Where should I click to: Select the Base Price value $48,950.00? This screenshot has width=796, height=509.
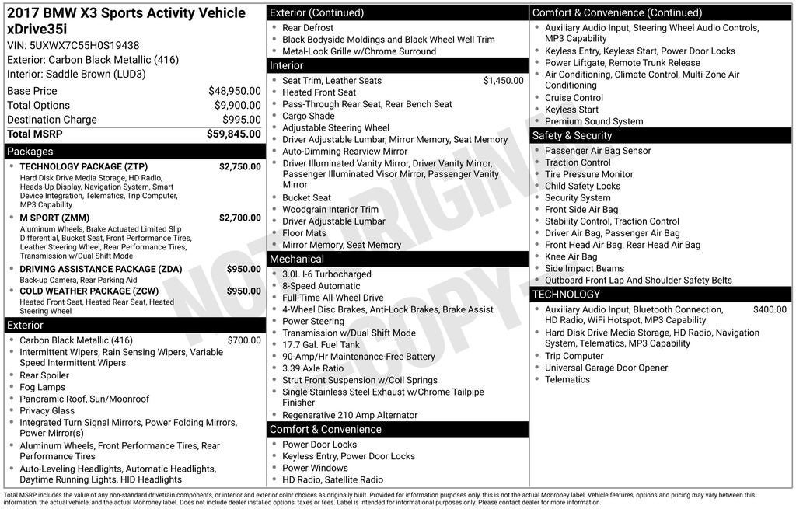pos(234,91)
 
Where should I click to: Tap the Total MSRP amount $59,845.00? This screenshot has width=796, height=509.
pos(233,134)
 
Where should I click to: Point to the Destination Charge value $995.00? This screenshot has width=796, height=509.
pos(242,120)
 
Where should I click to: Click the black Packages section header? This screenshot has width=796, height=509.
pos(134,152)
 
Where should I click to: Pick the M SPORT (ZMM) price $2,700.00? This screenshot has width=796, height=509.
pos(239,218)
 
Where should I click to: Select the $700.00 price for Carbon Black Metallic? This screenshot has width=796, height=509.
pos(244,340)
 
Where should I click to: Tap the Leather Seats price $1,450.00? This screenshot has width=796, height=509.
pos(503,81)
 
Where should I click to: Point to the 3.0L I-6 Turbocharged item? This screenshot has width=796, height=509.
pos(326,274)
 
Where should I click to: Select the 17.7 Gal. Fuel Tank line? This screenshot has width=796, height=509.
pos(321,345)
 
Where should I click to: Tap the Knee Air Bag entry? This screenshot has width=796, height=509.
pos(571,256)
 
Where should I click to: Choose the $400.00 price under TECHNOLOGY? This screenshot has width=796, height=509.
pos(770,309)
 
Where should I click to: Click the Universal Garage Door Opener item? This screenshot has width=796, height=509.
pos(606,368)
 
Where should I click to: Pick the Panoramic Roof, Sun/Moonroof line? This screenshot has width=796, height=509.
pos(84,399)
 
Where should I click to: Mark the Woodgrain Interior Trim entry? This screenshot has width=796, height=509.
pos(330,210)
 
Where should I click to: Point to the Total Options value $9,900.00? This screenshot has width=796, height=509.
pos(237,106)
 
